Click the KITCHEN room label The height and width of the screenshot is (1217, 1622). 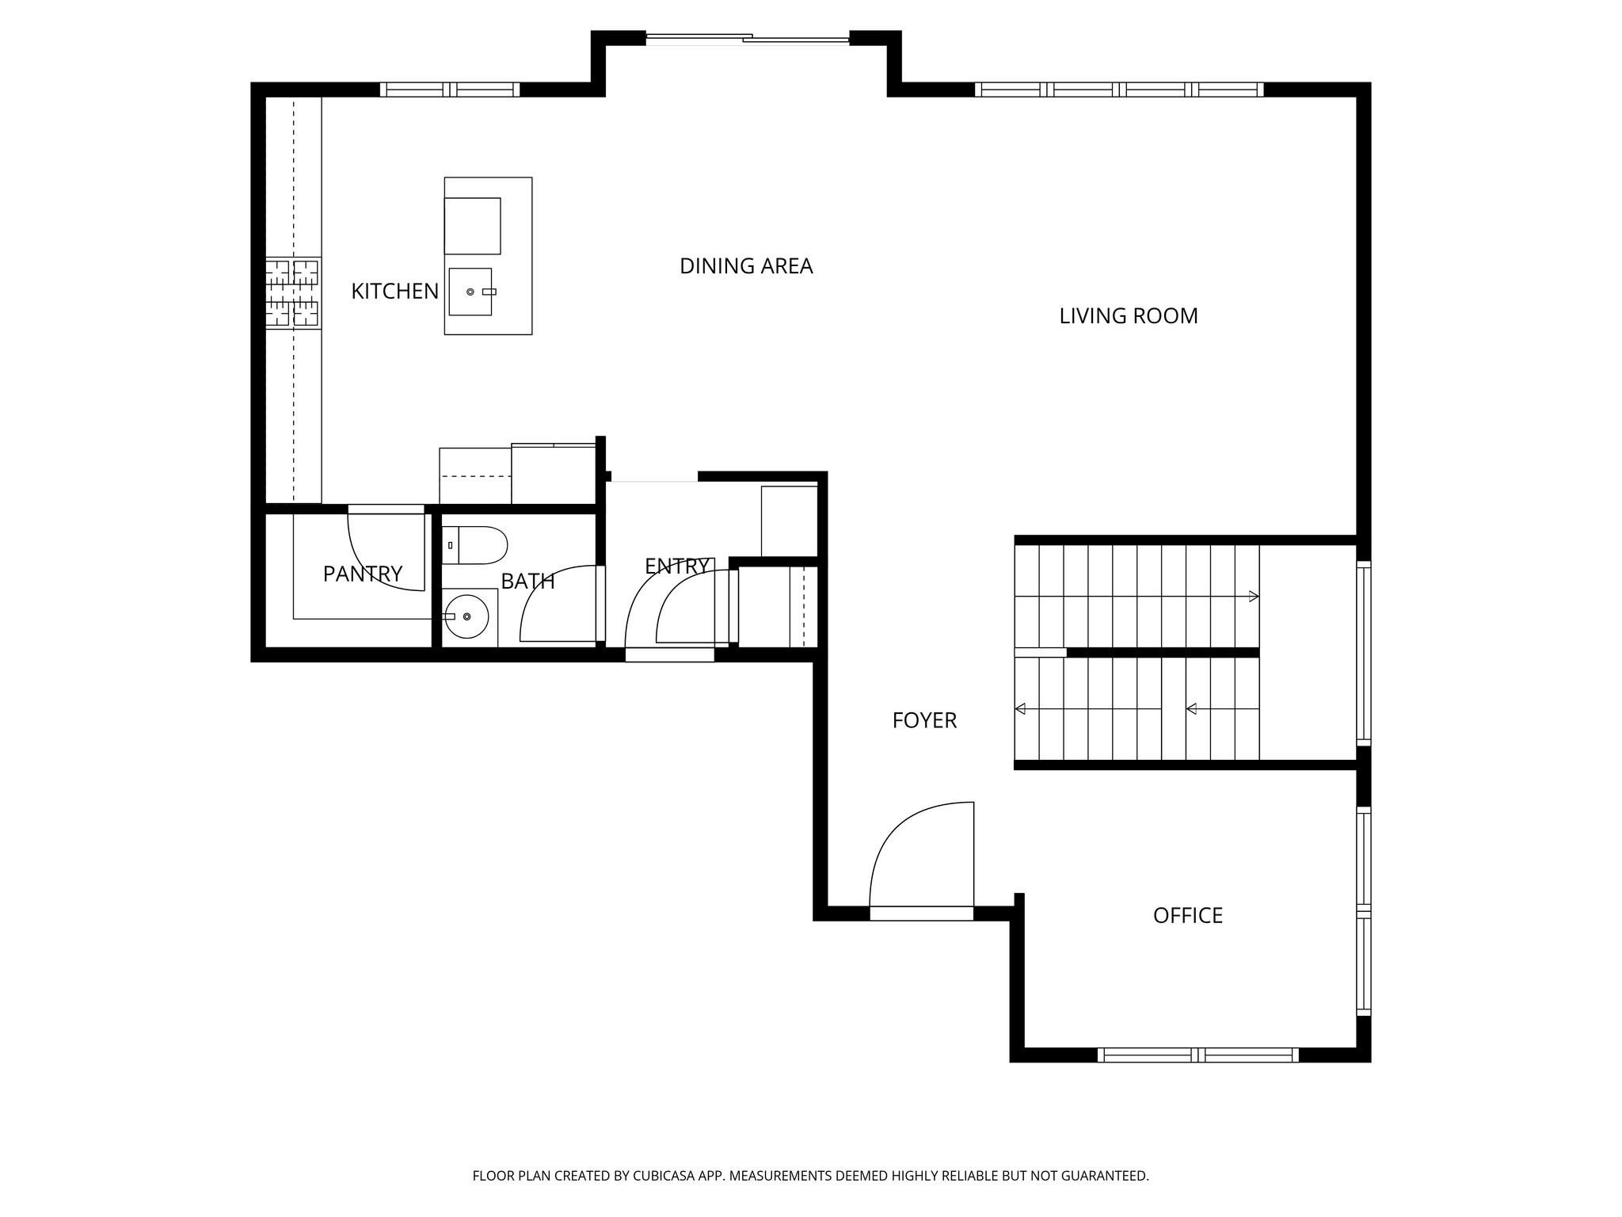tap(394, 292)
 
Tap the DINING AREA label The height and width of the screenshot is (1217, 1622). tap(746, 266)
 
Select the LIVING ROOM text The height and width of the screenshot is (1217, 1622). tap(1128, 316)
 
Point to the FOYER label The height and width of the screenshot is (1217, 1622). tap(924, 720)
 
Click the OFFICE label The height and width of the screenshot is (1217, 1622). tap(1187, 916)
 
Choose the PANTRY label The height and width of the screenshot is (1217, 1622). tap(363, 574)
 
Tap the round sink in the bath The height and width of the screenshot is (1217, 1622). tap(466, 616)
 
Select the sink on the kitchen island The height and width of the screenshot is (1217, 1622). tap(470, 292)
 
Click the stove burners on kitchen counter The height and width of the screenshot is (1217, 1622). tap(292, 293)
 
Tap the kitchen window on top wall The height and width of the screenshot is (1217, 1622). tap(449, 90)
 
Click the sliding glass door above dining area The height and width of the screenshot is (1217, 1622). tap(748, 38)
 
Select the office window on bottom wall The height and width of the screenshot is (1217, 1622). tap(1197, 1055)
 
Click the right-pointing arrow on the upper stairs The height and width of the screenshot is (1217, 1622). tap(1253, 597)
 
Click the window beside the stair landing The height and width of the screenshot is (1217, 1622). tap(1363, 651)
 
